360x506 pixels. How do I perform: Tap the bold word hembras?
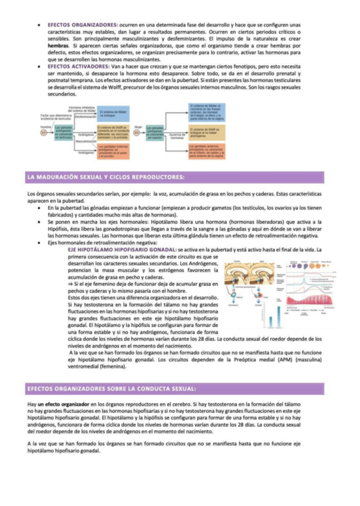[59, 45]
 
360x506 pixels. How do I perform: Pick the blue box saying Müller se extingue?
[109, 114]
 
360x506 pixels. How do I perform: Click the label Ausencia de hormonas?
[177, 136]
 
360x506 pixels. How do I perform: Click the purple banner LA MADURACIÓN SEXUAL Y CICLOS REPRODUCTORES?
[106, 177]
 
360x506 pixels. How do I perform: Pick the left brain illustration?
[237, 275]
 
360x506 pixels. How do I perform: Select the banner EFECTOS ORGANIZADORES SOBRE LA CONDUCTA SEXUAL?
[111, 389]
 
